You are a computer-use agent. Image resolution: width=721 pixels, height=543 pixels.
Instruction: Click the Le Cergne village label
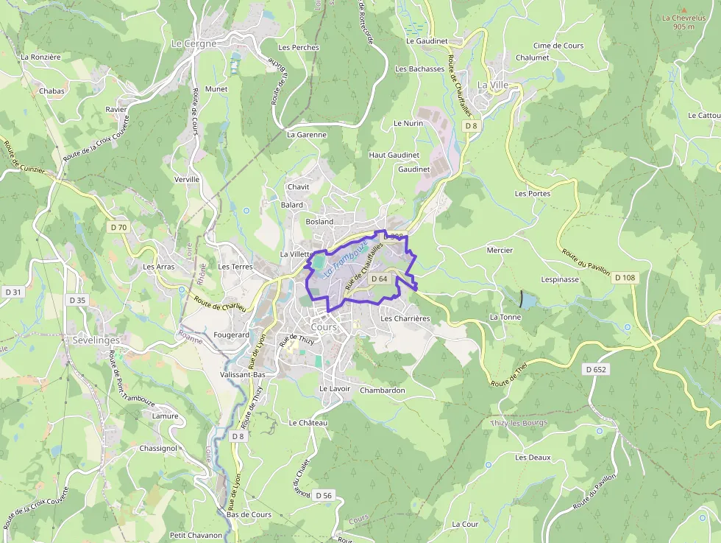(193, 43)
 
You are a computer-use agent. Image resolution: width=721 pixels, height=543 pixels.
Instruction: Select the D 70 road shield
(119, 228)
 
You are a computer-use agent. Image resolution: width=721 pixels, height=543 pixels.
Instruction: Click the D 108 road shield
(624, 278)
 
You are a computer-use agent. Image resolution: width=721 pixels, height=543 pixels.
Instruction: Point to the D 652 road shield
(596, 369)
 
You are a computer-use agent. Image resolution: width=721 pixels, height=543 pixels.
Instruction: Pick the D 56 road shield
(323, 495)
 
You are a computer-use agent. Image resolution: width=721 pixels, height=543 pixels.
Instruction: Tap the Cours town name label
(324, 326)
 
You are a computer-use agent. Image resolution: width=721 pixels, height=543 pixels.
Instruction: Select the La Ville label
(493, 85)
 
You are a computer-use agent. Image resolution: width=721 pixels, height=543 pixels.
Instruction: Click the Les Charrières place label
(405, 319)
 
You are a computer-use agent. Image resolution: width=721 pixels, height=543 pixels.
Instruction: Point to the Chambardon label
(383, 390)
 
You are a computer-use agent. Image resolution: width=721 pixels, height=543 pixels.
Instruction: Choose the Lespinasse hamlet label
(560, 280)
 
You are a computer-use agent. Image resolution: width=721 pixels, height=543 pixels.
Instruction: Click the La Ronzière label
(40, 57)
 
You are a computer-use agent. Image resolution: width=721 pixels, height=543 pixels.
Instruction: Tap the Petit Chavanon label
(196, 535)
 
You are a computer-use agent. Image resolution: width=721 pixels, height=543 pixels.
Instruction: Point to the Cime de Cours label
(558, 46)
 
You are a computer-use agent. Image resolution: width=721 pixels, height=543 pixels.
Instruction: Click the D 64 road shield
(379, 278)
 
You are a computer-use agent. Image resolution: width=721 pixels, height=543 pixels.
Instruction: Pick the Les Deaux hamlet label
(533, 458)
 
